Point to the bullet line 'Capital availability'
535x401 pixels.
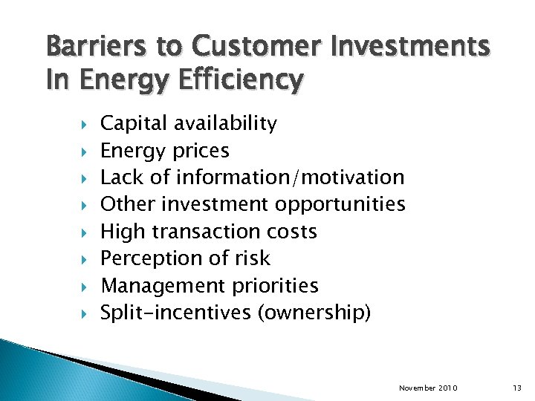pyautogui.click(x=189, y=123)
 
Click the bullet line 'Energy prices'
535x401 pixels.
pyautogui.click(x=164, y=151)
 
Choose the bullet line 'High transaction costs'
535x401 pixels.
pyautogui.click(x=208, y=232)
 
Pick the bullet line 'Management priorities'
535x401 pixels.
pyautogui.click(x=209, y=286)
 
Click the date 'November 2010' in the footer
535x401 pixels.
pyautogui.click(x=428, y=388)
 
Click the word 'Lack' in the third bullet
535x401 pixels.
pyautogui.click(x=118, y=177)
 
